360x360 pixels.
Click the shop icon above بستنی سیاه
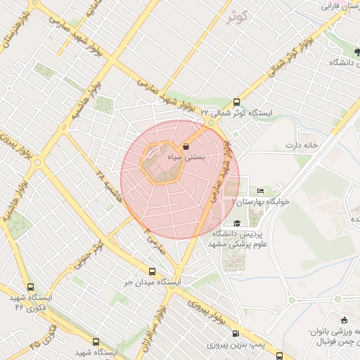click(186, 146)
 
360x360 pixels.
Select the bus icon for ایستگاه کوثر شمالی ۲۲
click(236, 101)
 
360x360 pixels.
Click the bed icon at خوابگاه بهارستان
click(261, 190)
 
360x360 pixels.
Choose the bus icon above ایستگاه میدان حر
click(152, 271)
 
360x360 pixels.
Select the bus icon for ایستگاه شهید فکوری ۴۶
click(30, 287)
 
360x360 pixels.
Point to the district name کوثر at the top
click(238, 17)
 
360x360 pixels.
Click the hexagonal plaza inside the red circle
click(162, 163)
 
